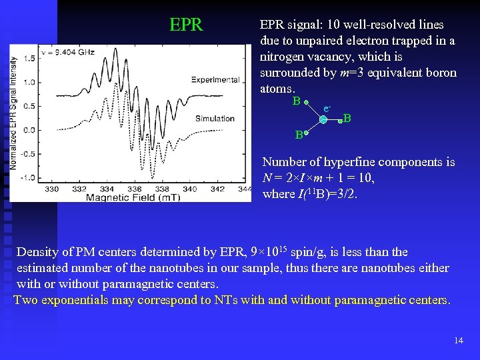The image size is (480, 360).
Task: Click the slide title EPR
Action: pyautogui.click(x=186, y=25)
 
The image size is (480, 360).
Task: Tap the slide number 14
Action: pyautogui.click(x=458, y=341)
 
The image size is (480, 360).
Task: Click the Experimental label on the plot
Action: pyautogui.click(x=215, y=80)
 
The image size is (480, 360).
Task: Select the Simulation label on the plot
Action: pyautogui.click(x=215, y=119)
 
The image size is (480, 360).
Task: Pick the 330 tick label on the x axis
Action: pyautogui.click(x=52, y=189)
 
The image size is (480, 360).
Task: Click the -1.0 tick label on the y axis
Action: pyautogui.click(x=26, y=177)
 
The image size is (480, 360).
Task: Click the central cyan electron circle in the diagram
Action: pyautogui.click(x=323, y=120)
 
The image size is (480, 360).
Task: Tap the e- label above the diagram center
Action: pyautogui.click(x=327, y=108)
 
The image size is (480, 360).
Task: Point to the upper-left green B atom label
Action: pyautogui.click(x=296, y=101)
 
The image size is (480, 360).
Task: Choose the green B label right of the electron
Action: pyautogui.click(x=347, y=119)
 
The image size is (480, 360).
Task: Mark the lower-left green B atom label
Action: pyautogui.click(x=299, y=136)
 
